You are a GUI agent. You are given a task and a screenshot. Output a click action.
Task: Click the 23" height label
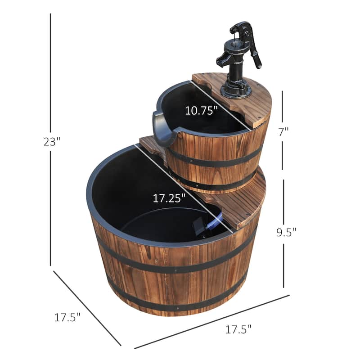pyautogui.click(x=52, y=142)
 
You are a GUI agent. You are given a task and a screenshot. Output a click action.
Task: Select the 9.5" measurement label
pyautogui.click(x=287, y=233)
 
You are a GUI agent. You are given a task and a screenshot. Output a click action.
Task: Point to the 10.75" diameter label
pyautogui.click(x=202, y=110)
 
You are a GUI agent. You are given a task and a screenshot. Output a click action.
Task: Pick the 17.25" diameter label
pyautogui.click(x=168, y=198)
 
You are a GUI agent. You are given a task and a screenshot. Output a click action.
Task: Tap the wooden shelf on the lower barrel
pyautogui.click(x=243, y=200)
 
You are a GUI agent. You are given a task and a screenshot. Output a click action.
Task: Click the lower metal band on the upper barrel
pyautogui.click(x=216, y=184)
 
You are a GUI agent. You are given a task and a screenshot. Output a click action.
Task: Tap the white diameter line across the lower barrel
pyautogui.click(x=189, y=189)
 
